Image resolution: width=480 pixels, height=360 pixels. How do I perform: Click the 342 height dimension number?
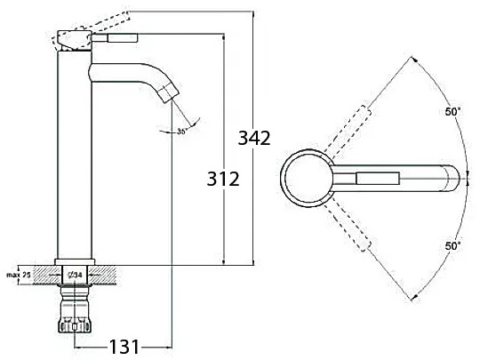[x=254, y=138]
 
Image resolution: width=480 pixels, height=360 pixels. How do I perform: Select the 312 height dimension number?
[x=223, y=179]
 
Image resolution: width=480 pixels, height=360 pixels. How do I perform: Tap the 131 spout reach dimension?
[x=124, y=347]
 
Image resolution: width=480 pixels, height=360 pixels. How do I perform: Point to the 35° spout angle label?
[x=182, y=132]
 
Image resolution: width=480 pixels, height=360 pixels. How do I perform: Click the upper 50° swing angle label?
[x=452, y=112]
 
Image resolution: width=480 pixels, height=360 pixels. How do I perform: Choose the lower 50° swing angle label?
[x=452, y=246]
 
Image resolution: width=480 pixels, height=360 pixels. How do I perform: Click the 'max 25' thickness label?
[x=19, y=275]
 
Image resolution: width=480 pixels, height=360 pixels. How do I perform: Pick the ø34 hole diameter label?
[x=76, y=276]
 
